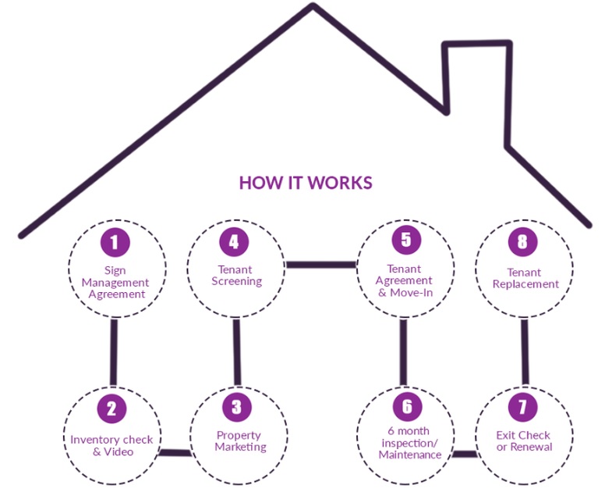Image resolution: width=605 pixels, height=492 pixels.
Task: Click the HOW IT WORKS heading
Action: [306, 183]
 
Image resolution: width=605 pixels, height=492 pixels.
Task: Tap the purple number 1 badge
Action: [115, 242]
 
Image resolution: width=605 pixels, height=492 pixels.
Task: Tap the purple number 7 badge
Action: [522, 408]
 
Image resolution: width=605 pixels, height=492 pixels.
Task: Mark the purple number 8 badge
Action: [522, 241]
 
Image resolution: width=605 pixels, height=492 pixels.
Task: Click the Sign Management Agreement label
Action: [116, 283]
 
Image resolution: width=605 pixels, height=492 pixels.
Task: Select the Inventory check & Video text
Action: [112, 445]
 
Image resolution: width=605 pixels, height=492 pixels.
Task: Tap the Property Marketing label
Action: [240, 441]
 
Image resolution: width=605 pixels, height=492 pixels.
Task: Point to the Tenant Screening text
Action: [236, 276]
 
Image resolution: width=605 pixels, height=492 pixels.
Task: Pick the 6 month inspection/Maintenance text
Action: [409, 443]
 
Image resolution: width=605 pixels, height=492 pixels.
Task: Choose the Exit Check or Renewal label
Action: [524, 441]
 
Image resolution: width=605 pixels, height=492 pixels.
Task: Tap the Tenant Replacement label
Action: [525, 279]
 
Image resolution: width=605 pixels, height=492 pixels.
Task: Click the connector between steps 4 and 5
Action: [320, 265]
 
